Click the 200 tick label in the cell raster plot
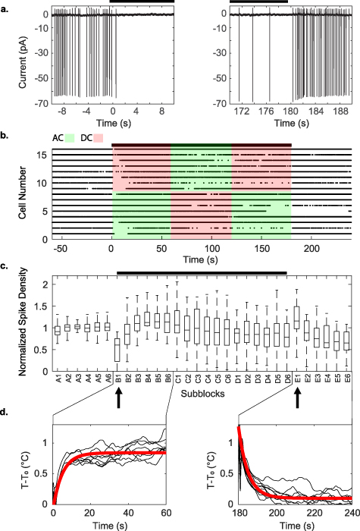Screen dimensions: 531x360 pos(311,247)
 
